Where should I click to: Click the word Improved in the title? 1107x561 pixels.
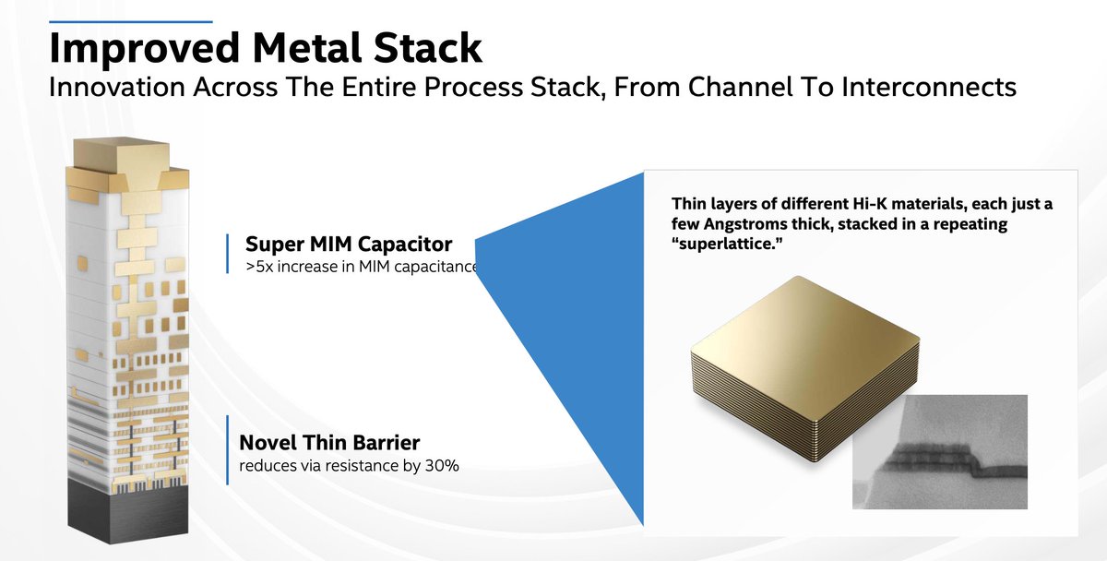click(x=145, y=49)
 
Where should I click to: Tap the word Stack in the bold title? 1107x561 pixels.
click(x=427, y=48)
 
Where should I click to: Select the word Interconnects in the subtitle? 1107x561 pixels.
click(x=929, y=87)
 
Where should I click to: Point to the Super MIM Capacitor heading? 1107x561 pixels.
click(x=349, y=245)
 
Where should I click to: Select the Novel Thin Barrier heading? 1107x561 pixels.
click(x=329, y=443)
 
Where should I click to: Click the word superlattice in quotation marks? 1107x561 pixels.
click(x=727, y=245)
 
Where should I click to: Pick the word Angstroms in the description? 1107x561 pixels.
click(x=744, y=224)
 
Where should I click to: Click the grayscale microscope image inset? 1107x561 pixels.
click(x=939, y=452)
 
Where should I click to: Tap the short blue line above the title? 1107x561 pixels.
click(x=131, y=22)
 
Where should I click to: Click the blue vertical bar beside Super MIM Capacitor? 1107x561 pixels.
click(x=227, y=254)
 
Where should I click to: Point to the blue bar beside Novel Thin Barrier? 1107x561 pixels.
click(x=227, y=450)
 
